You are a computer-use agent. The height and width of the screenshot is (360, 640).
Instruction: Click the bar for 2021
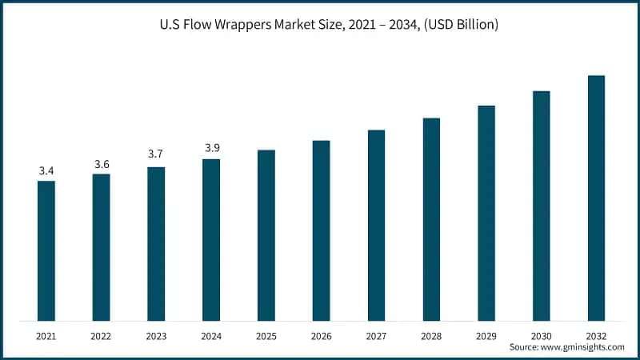pos(46,251)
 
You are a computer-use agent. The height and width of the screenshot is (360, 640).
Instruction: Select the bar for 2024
pos(211,240)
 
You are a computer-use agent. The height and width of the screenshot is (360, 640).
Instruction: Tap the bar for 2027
pos(376,226)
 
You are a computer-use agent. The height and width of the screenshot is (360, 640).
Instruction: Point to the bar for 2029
pos(486,214)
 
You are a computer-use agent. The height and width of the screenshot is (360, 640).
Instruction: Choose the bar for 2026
pos(321,231)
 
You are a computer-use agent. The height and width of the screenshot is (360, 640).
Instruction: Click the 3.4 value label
pos(46,171)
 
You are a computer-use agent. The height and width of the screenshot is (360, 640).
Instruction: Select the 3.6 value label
pos(102,164)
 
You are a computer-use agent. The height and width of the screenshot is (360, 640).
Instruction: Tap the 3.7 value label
pos(156,154)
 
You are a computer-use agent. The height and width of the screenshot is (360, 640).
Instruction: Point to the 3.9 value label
pos(211,147)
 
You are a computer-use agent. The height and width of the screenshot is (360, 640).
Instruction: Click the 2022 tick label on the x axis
pos(102,337)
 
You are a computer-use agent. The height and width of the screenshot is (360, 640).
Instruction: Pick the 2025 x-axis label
pos(266,337)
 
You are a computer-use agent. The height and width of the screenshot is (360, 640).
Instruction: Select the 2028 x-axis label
pos(431,337)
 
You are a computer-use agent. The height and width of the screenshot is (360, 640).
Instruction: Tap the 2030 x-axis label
pos(542,337)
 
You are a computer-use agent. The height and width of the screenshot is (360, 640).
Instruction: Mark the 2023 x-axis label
pos(156,337)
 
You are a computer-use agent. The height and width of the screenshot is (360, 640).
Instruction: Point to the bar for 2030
pos(542,206)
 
